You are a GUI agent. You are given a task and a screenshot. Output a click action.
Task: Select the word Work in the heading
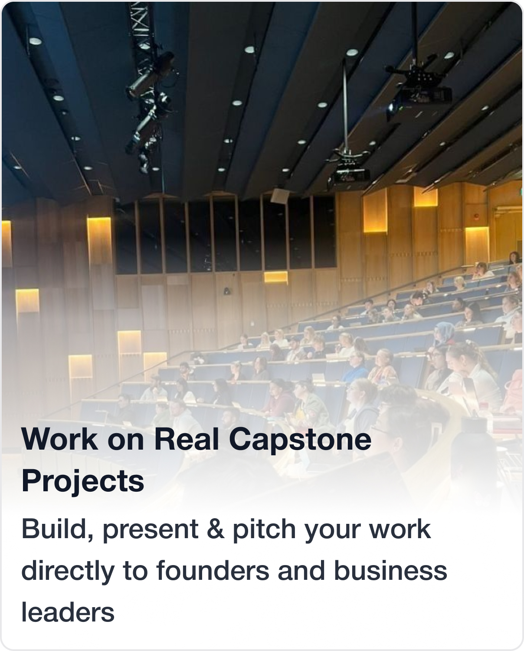coord(59,439)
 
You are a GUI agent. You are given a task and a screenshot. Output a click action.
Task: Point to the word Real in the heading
coord(186,439)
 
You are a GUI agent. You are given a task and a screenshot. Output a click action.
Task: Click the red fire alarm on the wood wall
coord(476,216)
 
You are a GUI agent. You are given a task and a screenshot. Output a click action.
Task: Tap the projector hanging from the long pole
coord(350,172)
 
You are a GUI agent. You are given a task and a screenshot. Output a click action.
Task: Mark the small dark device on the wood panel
coord(227,291)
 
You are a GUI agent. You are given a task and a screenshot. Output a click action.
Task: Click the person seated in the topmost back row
coord(513,258)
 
